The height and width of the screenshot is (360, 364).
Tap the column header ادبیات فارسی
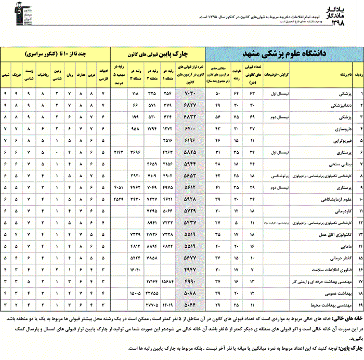click(103, 74)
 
